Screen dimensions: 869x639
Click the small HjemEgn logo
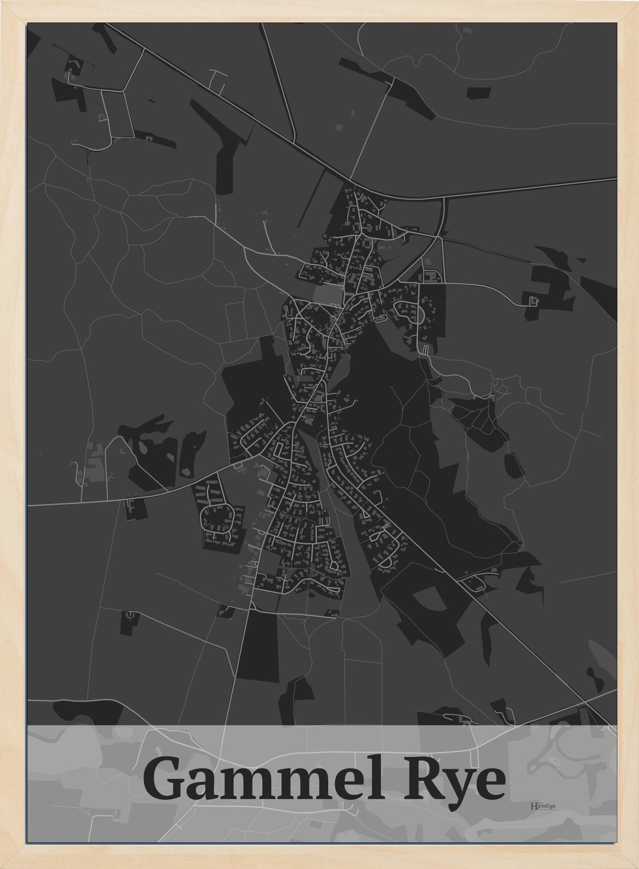point(543,805)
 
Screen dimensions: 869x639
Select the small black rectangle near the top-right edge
point(479,93)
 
